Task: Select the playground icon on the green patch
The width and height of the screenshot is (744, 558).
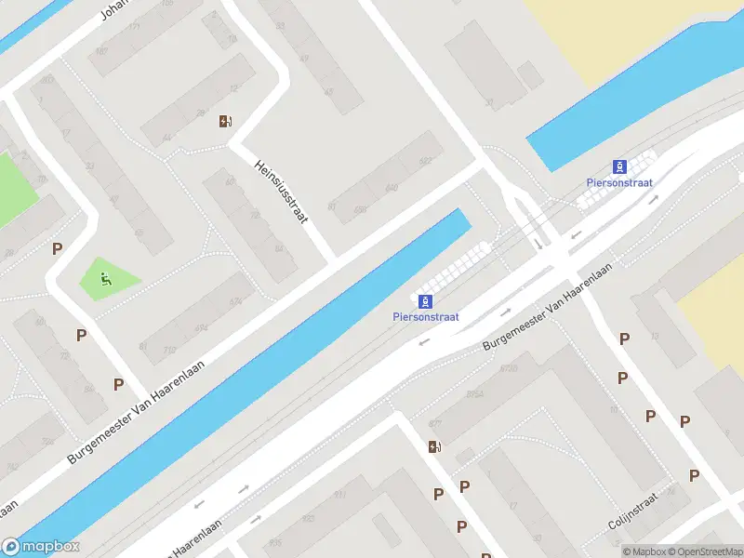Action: pos(106,277)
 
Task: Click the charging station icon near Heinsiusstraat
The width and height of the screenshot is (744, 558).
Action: pos(224,121)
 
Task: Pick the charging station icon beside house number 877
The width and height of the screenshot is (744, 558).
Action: pos(433,447)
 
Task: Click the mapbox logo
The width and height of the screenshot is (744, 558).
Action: pos(41,547)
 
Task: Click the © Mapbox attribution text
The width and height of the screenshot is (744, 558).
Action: pos(646,551)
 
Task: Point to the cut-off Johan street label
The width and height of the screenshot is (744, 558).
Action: pos(113,9)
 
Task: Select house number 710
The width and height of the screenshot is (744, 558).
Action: pos(169,351)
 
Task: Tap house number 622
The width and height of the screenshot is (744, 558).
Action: pos(426,161)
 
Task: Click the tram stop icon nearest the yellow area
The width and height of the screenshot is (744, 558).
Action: pos(619,167)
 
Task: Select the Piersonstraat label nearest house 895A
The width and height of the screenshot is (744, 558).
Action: pos(425,316)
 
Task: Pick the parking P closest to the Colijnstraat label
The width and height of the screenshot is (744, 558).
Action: pos(694,475)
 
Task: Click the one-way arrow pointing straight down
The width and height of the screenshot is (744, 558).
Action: pos(538,245)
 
